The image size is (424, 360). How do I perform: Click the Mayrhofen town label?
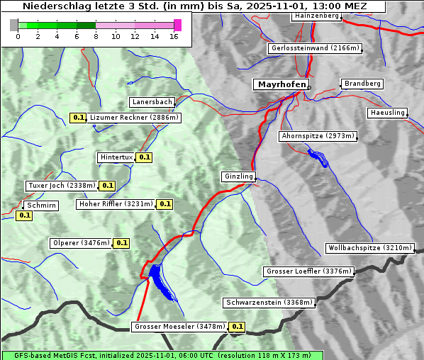tap(281, 84)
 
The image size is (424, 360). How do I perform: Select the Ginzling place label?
tap(238, 176)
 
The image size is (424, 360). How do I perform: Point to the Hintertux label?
tap(116, 157)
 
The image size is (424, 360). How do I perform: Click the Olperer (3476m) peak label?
tap(82, 243)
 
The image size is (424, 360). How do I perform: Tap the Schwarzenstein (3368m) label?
tap(268, 303)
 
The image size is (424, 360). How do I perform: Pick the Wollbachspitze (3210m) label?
tap(369, 248)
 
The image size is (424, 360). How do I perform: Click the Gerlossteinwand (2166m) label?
tap(316, 48)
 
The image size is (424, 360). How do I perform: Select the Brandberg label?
tap(363, 84)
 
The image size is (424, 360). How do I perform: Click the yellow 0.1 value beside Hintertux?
tap(145, 157)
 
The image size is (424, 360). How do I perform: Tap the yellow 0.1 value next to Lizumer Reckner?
tap(78, 118)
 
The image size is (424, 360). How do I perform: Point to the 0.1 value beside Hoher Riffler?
tap(164, 204)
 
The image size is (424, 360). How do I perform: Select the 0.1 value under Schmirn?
tap(24, 215)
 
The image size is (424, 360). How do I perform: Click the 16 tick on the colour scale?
tap(174, 36)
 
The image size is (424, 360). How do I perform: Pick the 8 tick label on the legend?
tap(96, 36)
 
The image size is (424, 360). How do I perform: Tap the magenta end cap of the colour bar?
tap(177, 25)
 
